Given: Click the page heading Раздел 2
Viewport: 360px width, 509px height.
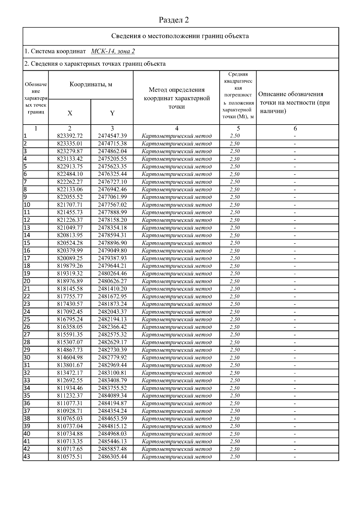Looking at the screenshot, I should (x=174, y=20).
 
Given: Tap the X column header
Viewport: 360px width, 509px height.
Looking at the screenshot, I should (x=70, y=113).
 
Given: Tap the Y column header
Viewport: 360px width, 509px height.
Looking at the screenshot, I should (x=112, y=113).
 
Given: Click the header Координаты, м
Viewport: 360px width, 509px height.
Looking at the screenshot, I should (x=91, y=84).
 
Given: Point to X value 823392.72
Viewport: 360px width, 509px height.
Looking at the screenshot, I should (x=70, y=136).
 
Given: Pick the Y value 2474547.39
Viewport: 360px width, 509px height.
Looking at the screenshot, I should (x=112, y=136).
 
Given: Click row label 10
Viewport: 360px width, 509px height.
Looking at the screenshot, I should (x=27, y=205).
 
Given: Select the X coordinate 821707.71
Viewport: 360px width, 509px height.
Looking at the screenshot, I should (x=70, y=205).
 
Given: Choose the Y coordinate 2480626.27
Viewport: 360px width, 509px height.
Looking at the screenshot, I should (x=112, y=281).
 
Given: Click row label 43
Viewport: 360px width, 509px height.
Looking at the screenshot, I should (x=27, y=457).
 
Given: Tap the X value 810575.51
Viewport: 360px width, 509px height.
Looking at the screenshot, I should (x=70, y=457).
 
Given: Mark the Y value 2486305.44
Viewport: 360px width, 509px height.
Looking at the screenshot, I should (x=112, y=457).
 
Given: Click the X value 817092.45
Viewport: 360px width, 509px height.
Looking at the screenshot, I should (x=70, y=312).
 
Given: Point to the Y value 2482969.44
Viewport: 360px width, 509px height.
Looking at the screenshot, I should (x=112, y=365).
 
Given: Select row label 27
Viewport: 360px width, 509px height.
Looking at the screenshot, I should (x=27, y=335).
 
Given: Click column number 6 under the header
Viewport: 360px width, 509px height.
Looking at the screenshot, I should (x=295, y=128).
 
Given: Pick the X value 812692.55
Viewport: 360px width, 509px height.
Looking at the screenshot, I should (x=70, y=381).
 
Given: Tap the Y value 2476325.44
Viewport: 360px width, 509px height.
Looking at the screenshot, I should (x=112, y=174).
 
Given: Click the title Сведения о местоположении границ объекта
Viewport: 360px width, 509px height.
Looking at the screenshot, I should (x=180, y=36).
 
